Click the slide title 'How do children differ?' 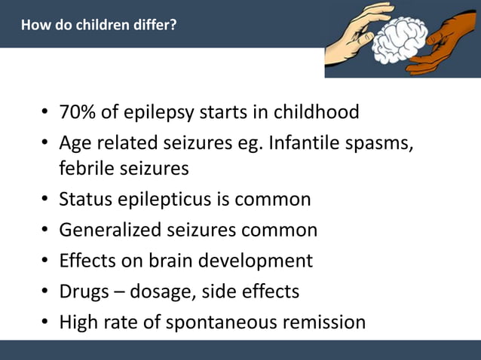(x=99, y=26)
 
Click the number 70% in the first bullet (x=77, y=113)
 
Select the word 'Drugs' (x=84, y=291)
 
